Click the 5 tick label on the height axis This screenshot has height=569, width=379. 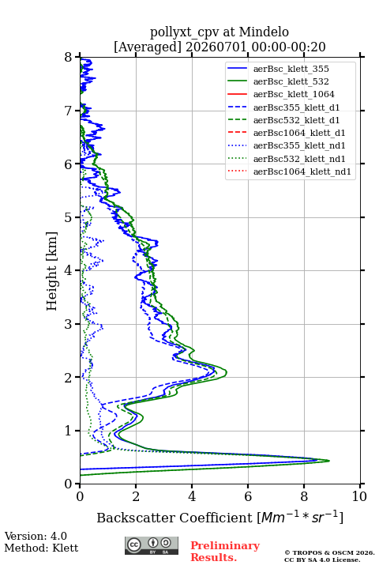coord(69,217)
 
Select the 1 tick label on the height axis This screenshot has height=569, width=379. coord(69,431)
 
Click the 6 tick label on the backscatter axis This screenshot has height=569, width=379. coord(248,496)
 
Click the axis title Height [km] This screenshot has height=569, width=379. coord(52,271)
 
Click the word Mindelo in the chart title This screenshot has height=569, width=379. coord(264,32)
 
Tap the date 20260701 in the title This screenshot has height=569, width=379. coord(216,47)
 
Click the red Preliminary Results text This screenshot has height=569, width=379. coord(225,552)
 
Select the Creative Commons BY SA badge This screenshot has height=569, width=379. coord(152,546)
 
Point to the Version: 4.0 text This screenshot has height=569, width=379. coord(36,536)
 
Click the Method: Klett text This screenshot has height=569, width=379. coord(41,548)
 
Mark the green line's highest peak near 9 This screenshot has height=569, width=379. coord(329,461)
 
